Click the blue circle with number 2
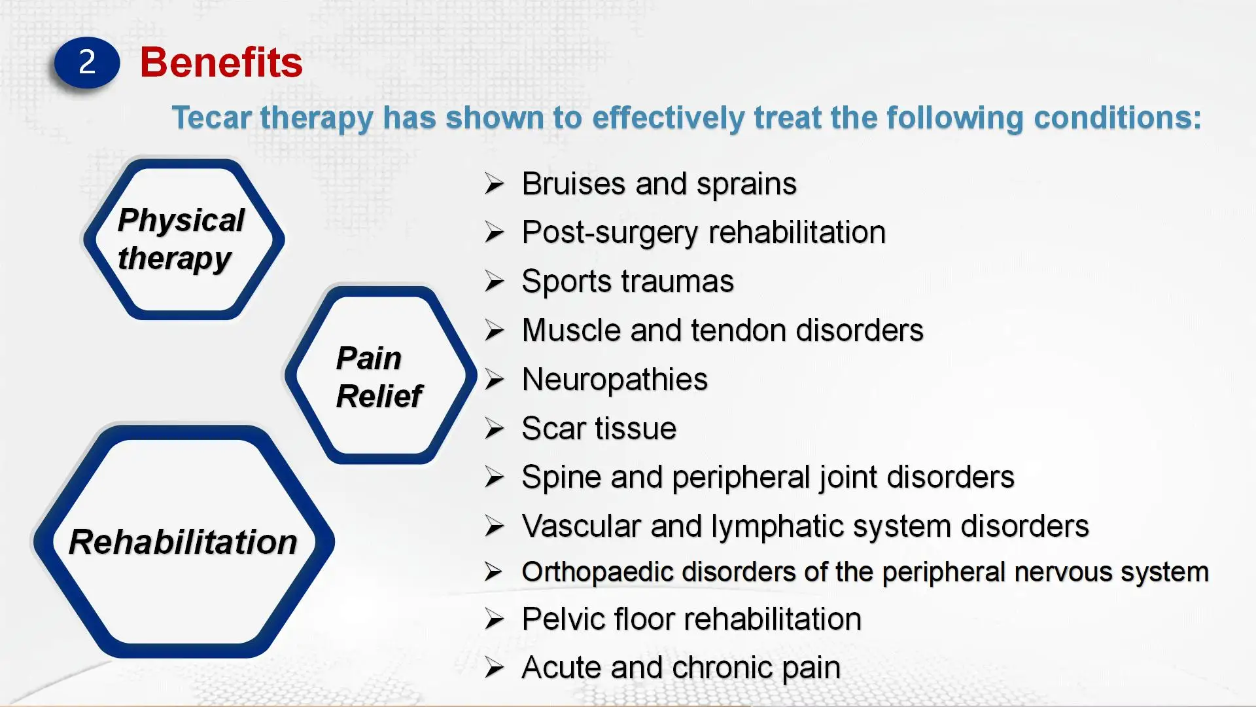(x=87, y=63)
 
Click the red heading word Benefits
(x=221, y=63)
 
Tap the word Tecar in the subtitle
(x=212, y=118)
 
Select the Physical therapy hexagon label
(x=181, y=239)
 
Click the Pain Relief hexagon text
(x=379, y=377)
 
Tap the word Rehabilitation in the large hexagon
(x=183, y=542)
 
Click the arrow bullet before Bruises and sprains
(x=495, y=184)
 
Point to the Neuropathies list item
(x=615, y=380)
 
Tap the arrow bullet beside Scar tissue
(x=495, y=429)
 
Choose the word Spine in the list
(x=561, y=478)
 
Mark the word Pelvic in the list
(x=564, y=619)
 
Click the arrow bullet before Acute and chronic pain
(x=495, y=668)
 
